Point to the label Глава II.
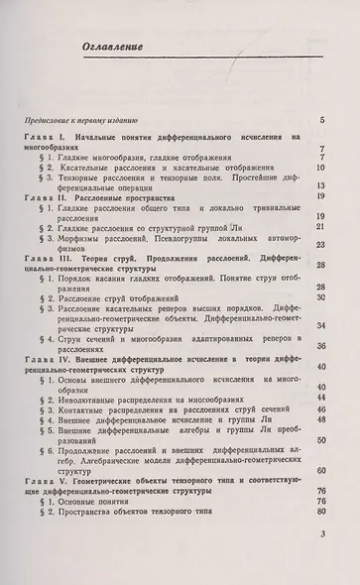coord(47,198)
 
